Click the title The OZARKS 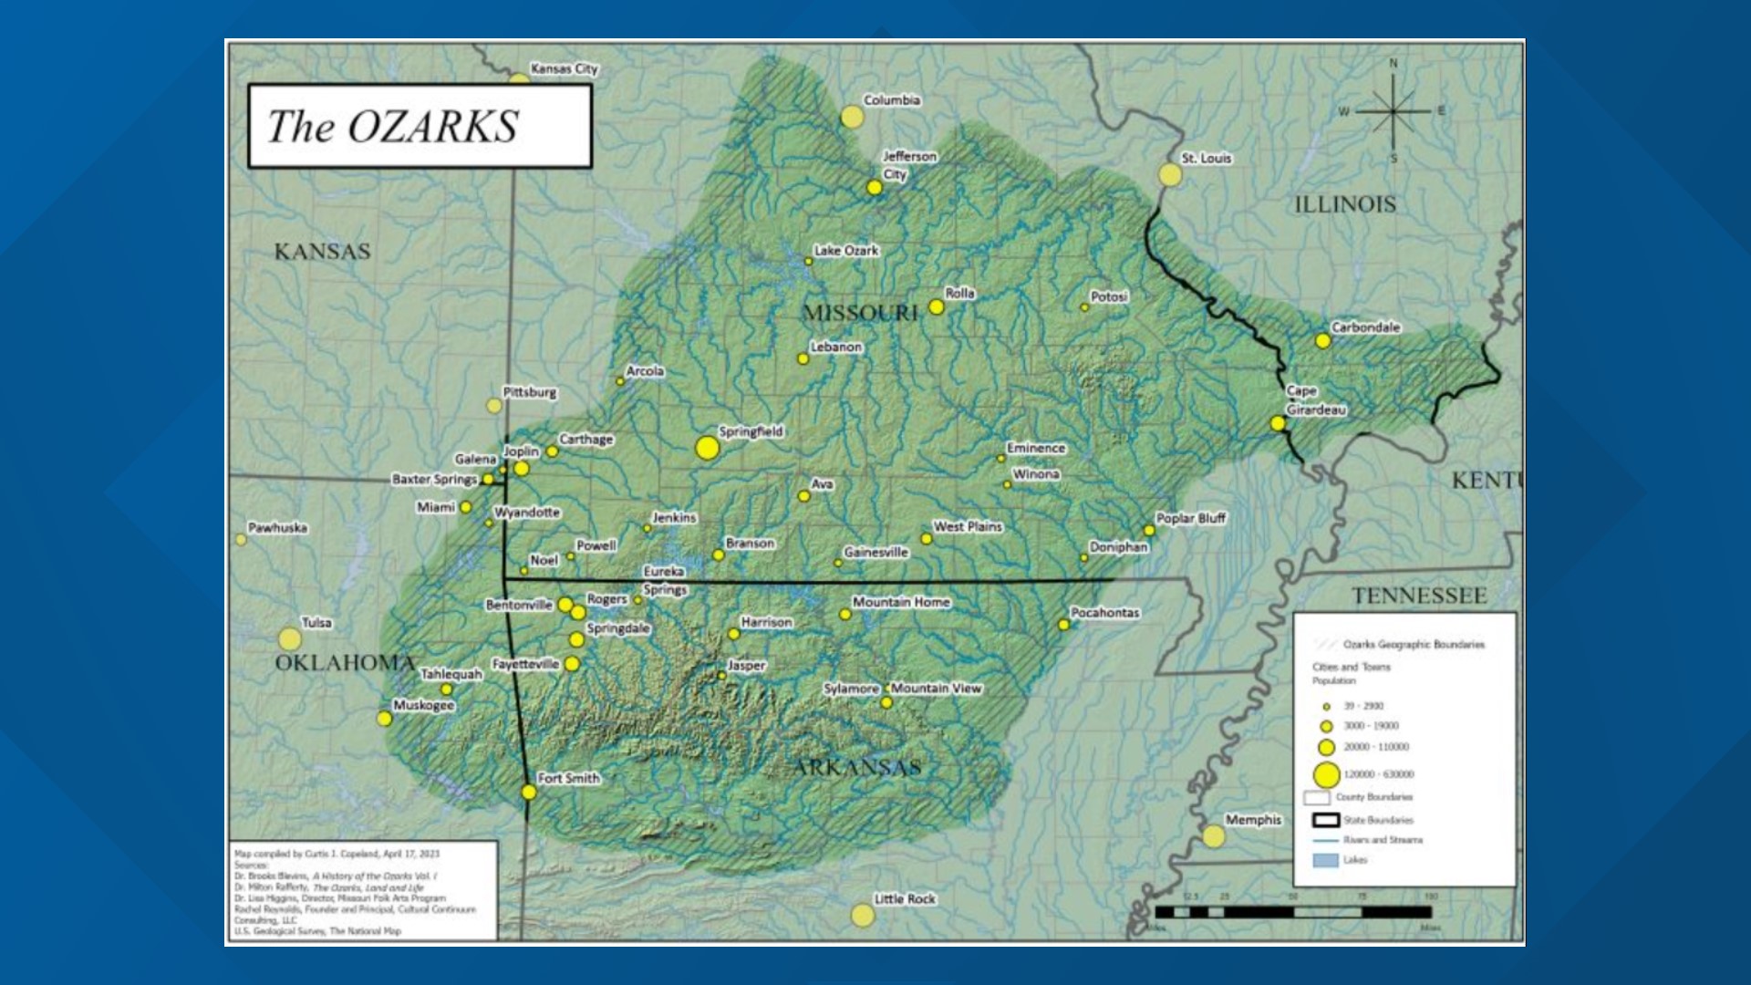tap(394, 126)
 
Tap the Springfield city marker tap(707, 448)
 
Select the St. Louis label tap(1206, 159)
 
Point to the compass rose tap(1393, 111)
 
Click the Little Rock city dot tap(862, 915)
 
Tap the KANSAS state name tap(322, 252)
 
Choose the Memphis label tap(1253, 820)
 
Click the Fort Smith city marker tap(529, 792)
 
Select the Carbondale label tap(1365, 327)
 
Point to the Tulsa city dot tap(290, 638)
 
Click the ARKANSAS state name tap(857, 767)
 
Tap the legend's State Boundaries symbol tap(1325, 820)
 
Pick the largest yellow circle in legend tap(1326, 775)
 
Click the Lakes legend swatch tap(1325, 860)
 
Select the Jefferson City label tap(908, 165)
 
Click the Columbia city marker tap(852, 117)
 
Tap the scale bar tap(1293, 911)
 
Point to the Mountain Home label tap(901, 602)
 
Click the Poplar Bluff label tap(1190, 518)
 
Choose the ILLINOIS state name tap(1345, 204)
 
